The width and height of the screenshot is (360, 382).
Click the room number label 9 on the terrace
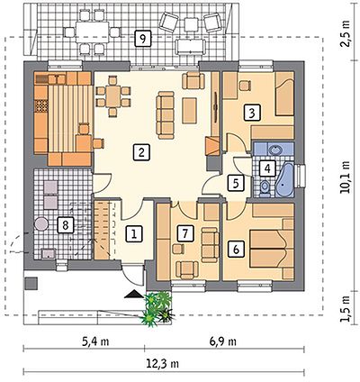143,39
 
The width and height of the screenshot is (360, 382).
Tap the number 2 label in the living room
141,151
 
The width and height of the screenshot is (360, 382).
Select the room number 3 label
252,113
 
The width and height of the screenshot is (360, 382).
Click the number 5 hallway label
236,183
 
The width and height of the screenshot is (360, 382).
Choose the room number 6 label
236,249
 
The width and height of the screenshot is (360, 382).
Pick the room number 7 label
185,233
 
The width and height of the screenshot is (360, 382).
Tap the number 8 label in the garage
66,224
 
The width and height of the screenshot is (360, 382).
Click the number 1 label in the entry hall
134,233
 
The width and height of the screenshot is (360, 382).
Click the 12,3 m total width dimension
163,364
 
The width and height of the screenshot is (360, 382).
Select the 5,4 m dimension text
95,341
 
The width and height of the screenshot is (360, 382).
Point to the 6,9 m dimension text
222,341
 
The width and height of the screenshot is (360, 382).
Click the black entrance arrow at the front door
134,294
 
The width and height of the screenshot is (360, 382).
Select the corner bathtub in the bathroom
285,179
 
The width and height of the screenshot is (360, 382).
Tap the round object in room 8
40,223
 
